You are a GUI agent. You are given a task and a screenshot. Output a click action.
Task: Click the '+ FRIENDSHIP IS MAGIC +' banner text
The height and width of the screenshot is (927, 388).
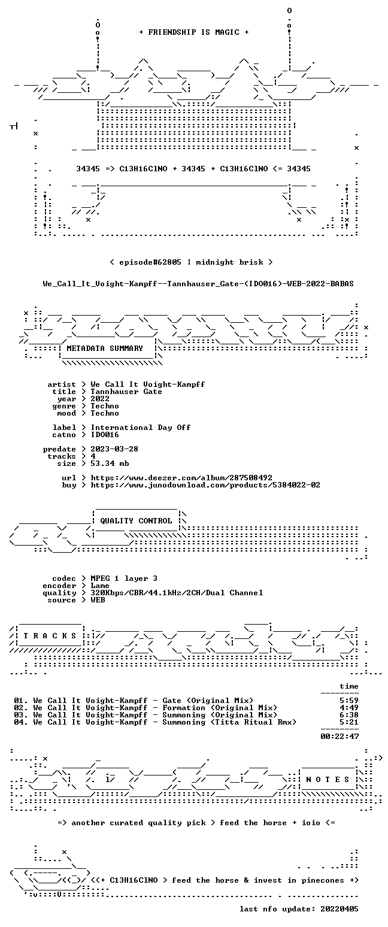(194, 32)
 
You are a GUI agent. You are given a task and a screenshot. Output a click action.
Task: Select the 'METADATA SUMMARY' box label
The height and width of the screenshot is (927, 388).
(105, 349)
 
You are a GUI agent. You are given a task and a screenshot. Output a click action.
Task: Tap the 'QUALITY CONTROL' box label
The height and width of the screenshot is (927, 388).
(136, 521)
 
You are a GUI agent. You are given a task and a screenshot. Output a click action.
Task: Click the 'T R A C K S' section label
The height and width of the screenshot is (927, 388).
(50, 635)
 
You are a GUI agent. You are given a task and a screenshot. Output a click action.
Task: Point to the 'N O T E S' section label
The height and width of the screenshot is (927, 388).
(328, 779)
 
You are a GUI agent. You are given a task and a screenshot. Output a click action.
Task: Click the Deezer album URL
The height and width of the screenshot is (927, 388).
(181, 478)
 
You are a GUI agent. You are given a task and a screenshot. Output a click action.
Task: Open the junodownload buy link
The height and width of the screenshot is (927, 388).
(205, 485)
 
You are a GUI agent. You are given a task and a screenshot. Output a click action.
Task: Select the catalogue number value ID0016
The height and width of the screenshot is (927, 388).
(105, 435)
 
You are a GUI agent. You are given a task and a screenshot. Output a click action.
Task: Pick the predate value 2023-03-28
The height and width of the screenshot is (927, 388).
(114, 449)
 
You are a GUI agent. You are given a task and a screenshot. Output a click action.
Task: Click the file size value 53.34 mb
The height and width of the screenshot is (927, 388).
(110, 463)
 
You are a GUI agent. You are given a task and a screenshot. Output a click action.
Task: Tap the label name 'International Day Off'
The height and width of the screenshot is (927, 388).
(141, 428)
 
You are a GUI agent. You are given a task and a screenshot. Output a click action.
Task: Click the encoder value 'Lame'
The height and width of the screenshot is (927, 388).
(100, 586)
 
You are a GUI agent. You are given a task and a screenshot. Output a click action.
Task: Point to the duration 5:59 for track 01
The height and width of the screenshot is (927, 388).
(349, 701)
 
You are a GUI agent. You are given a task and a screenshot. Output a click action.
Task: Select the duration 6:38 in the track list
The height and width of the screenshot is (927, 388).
(349, 715)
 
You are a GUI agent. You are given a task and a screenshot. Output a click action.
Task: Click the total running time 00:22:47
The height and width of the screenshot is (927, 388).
(339, 736)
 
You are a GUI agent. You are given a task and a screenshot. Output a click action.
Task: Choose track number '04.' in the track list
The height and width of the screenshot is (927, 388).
(21, 722)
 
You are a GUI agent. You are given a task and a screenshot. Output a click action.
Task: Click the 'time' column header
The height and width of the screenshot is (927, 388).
(349, 686)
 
